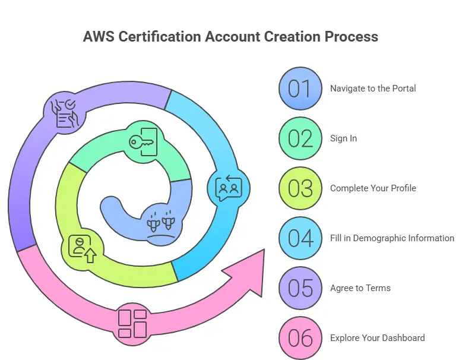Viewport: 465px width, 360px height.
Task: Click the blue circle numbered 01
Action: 300,89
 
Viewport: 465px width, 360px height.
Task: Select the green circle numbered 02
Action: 300,138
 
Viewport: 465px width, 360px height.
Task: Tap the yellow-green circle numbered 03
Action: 300,188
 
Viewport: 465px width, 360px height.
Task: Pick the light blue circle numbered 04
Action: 300,238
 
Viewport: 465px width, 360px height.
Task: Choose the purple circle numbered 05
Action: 300,288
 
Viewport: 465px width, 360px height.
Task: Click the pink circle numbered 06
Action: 300,338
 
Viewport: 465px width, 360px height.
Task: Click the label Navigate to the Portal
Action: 373,89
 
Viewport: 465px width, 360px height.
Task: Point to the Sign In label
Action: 343,138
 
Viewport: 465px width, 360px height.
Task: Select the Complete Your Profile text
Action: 373,188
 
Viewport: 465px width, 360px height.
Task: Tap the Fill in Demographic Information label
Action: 392,238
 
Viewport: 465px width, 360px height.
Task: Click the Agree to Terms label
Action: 360,288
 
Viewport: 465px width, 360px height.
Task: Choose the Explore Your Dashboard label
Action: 377,338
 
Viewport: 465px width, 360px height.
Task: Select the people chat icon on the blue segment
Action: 229,188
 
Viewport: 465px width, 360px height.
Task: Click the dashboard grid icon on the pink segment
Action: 132,324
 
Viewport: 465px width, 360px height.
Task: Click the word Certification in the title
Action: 159,36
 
